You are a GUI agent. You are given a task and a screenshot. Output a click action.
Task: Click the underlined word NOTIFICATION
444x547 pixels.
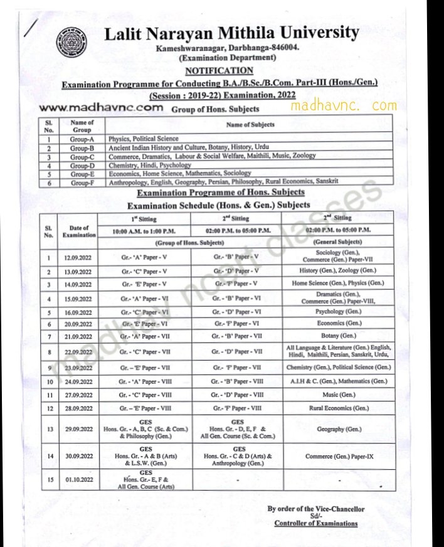219,71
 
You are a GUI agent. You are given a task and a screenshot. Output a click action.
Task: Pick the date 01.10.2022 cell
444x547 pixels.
78,481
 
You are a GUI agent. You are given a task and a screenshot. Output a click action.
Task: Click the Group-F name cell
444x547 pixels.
82,181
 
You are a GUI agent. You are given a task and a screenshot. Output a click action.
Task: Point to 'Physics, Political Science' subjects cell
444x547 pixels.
144,139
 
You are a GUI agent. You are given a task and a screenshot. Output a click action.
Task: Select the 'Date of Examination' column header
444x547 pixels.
78,231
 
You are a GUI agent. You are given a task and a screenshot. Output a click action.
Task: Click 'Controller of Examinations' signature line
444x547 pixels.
316,524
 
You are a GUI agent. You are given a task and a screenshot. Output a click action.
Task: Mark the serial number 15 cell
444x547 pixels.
49,481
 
